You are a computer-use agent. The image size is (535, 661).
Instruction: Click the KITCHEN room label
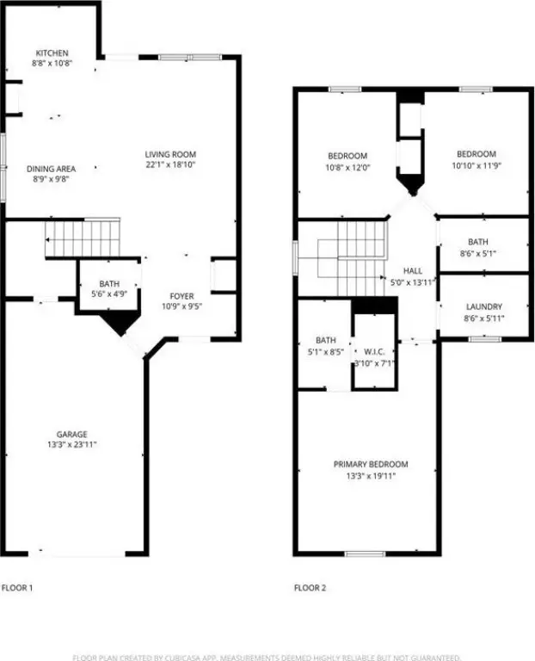coord(52,53)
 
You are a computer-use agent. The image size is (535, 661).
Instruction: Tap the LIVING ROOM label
coord(170,154)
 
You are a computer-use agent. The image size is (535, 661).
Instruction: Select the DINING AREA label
coord(51,169)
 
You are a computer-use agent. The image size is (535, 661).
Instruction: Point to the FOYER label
coord(182,296)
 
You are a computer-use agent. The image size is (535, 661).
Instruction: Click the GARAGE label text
coord(72,434)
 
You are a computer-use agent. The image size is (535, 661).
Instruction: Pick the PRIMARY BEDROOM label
coord(371,464)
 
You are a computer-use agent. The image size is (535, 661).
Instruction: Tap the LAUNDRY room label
coord(484,307)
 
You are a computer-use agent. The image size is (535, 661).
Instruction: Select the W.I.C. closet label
coord(374,352)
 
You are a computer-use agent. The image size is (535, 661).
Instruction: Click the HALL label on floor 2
coord(413,270)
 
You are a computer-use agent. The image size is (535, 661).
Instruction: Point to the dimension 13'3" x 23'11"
coord(72,444)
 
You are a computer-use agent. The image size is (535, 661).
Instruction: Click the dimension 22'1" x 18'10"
coord(170,165)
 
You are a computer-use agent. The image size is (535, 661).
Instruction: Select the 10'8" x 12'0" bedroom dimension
coord(347,167)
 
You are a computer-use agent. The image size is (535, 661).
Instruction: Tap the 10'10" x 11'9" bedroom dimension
coord(477,165)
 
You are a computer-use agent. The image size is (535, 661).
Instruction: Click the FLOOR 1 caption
coord(17,588)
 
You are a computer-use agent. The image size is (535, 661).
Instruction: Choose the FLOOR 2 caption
coord(310,588)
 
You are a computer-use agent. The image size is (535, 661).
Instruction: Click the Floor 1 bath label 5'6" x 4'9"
coord(109,293)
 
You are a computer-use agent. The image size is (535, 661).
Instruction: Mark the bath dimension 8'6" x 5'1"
coord(478,253)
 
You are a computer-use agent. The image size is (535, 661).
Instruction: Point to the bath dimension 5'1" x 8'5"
coord(326,351)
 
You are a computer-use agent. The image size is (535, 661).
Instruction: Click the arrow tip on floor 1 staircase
coord(46,240)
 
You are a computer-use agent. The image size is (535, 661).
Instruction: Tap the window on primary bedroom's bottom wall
coord(365,553)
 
